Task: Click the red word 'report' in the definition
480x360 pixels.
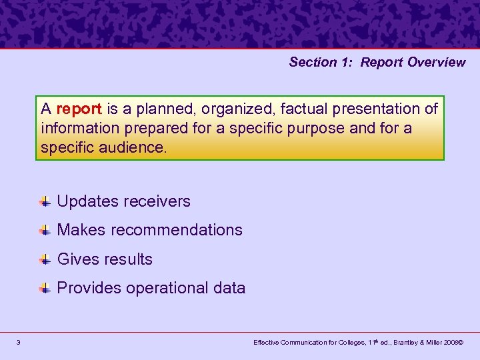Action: pyautogui.click(x=79, y=109)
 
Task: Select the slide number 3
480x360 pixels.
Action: pyautogui.click(x=19, y=343)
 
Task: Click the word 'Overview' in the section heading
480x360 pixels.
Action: pyautogui.click(x=437, y=62)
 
